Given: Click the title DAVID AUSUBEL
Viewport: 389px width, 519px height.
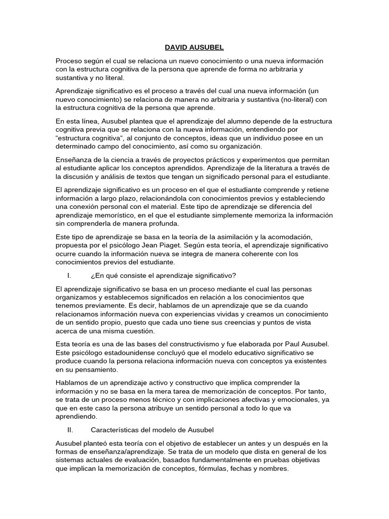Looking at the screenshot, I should pos(194,48).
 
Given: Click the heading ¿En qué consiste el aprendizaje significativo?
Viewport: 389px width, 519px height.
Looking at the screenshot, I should pos(163,275).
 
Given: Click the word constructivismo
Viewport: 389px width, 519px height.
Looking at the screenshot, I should pos(188,344).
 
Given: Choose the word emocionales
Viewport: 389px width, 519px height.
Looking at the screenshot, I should pos(303,400).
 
